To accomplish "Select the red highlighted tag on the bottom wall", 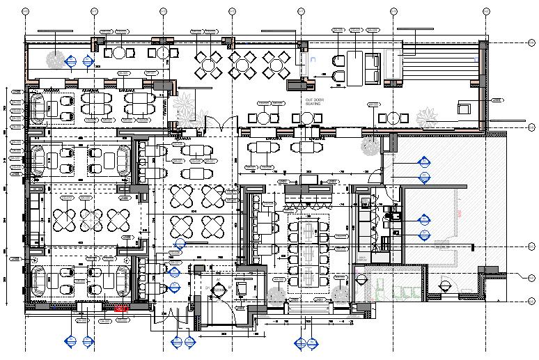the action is point(120,307).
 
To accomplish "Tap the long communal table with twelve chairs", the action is point(307,246).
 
